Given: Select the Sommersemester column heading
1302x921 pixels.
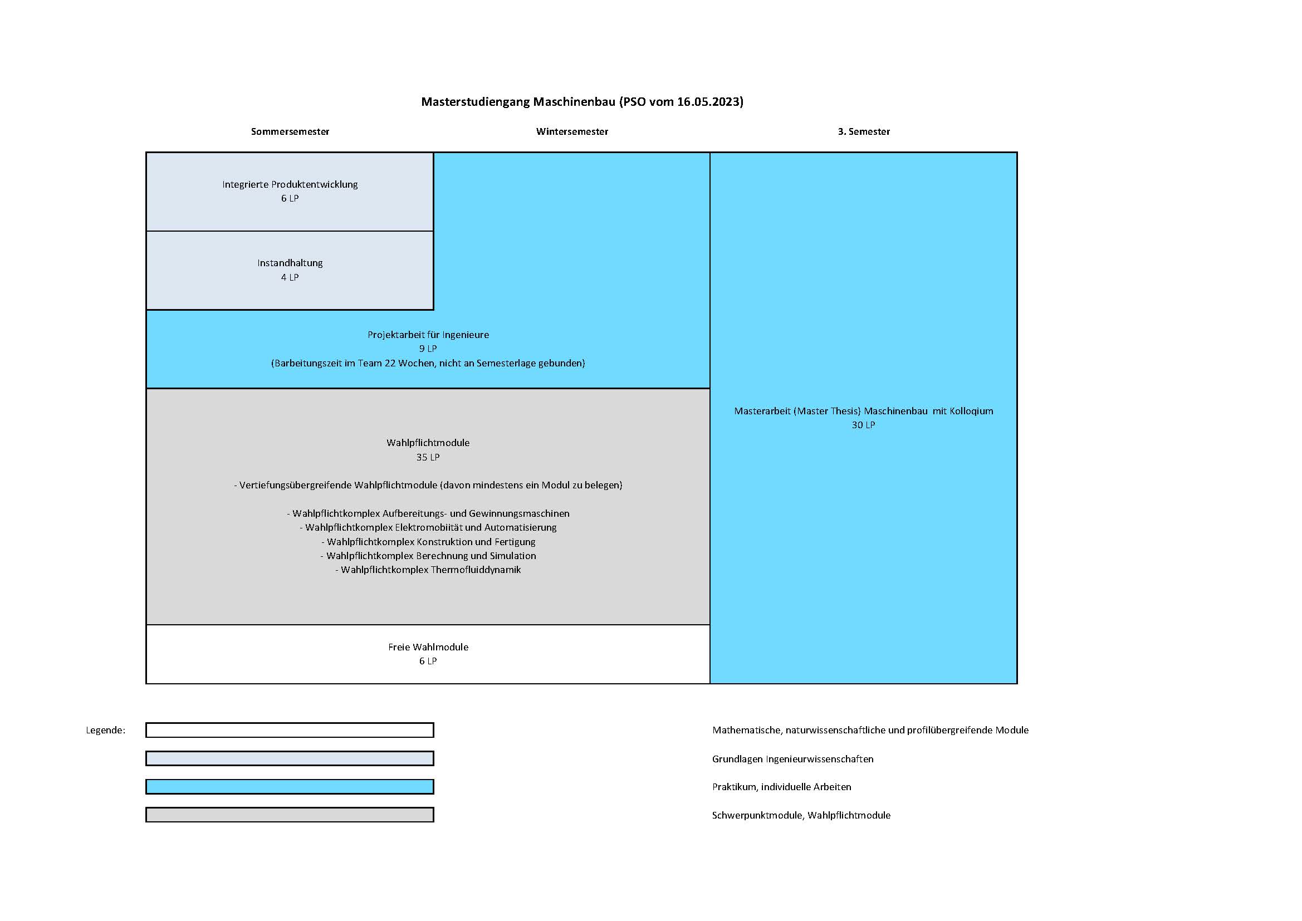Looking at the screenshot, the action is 290,131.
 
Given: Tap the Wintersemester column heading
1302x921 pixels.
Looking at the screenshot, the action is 571,131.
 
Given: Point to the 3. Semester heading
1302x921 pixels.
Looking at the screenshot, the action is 864,131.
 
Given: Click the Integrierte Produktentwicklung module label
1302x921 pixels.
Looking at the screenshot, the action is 290,184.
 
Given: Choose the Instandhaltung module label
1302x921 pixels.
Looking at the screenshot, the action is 290,263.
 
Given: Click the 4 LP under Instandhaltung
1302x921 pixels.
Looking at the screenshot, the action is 290,277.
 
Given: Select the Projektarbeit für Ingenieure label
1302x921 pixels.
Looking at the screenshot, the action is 428,335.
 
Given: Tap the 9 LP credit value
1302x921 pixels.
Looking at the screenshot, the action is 428,349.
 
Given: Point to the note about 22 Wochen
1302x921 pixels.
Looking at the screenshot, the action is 428,363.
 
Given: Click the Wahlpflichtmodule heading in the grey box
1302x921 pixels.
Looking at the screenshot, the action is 428,443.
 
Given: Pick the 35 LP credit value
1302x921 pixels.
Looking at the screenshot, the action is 428,457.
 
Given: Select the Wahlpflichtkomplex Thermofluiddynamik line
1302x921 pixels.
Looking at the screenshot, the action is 428,570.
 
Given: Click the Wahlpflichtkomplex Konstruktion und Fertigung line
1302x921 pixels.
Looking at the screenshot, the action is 428,542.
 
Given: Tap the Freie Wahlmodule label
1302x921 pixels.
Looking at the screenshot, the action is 428,647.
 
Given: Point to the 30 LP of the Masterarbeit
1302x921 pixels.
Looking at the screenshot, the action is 863,425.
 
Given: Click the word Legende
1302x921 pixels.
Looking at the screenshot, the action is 105,731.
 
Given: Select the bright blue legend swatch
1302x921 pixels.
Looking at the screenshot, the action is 290,787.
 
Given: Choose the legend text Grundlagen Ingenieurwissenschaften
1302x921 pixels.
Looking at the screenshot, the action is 793,759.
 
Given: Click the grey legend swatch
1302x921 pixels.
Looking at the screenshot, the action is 290,815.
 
